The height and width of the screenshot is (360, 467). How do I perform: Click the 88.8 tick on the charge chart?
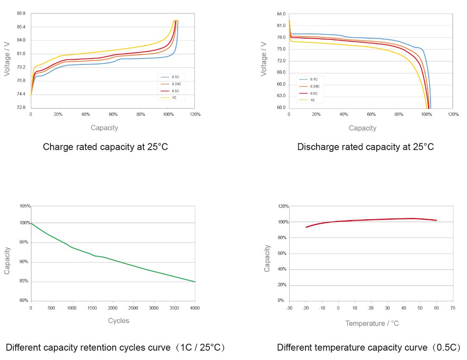click(x=21, y=14)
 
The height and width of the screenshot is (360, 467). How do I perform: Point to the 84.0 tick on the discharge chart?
click(x=281, y=14)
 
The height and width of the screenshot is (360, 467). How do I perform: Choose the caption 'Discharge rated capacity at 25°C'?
click(x=366, y=147)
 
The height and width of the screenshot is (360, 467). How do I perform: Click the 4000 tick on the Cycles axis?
click(x=195, y=307)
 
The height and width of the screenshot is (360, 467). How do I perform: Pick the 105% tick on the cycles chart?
click(x=25, y=206)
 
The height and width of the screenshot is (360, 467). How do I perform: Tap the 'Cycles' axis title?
click(x=118, y=321)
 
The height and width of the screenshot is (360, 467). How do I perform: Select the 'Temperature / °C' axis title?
click(x=372, y=324)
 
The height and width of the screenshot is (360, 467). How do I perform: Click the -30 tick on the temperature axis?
click(x=289, y=307)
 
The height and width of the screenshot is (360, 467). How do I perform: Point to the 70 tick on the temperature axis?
click(x=453, y=307)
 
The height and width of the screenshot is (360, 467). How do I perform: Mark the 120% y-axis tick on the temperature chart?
click(x=284, y=207)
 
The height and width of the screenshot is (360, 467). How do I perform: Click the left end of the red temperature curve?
click(x=306, y=227)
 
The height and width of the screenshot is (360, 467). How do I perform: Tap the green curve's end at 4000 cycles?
click(x=195, y=282)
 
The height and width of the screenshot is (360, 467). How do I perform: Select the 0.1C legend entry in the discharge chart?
click(x=314, y=79)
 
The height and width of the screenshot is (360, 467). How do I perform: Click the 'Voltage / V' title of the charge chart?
click(x=7, y=59)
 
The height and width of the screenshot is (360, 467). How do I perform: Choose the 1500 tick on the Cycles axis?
click(x=92, y=307)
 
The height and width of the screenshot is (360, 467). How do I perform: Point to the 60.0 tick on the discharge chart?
click(x=281, y=108)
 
